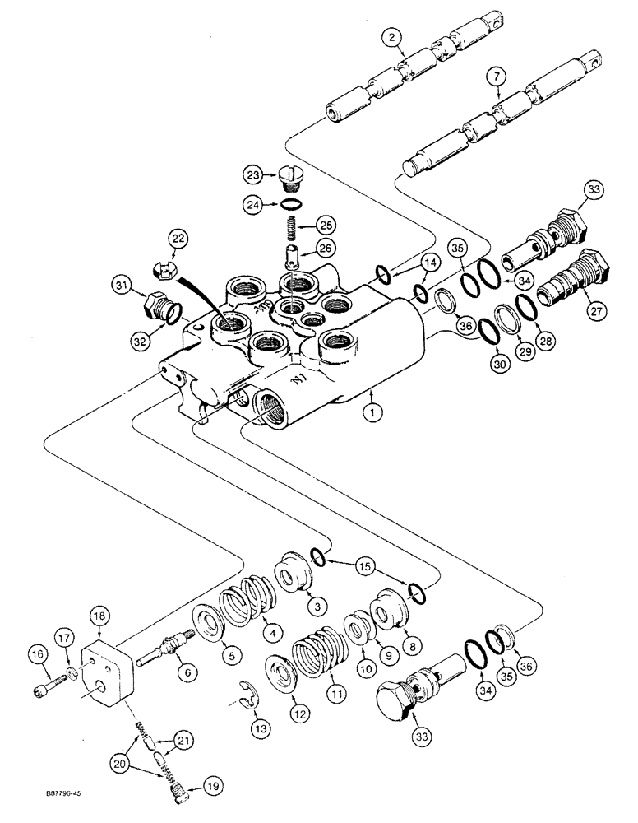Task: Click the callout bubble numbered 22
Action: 175,239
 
